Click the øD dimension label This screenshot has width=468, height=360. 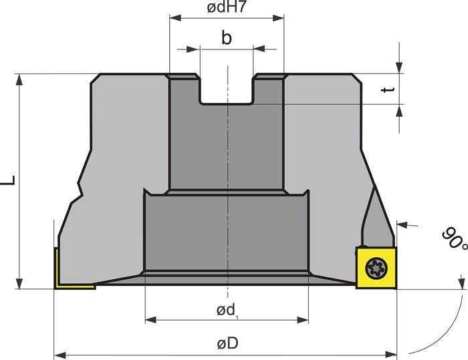click(x=227, y=343)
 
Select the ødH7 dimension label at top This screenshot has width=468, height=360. click(x=227, y=9)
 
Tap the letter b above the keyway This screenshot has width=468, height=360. click(x=227, y=38)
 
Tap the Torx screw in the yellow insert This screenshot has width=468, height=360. click(x=374, y=268)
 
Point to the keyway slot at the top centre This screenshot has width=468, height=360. click(x=227, y=90)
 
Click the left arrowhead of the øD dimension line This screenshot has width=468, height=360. click(x=58, y=353)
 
